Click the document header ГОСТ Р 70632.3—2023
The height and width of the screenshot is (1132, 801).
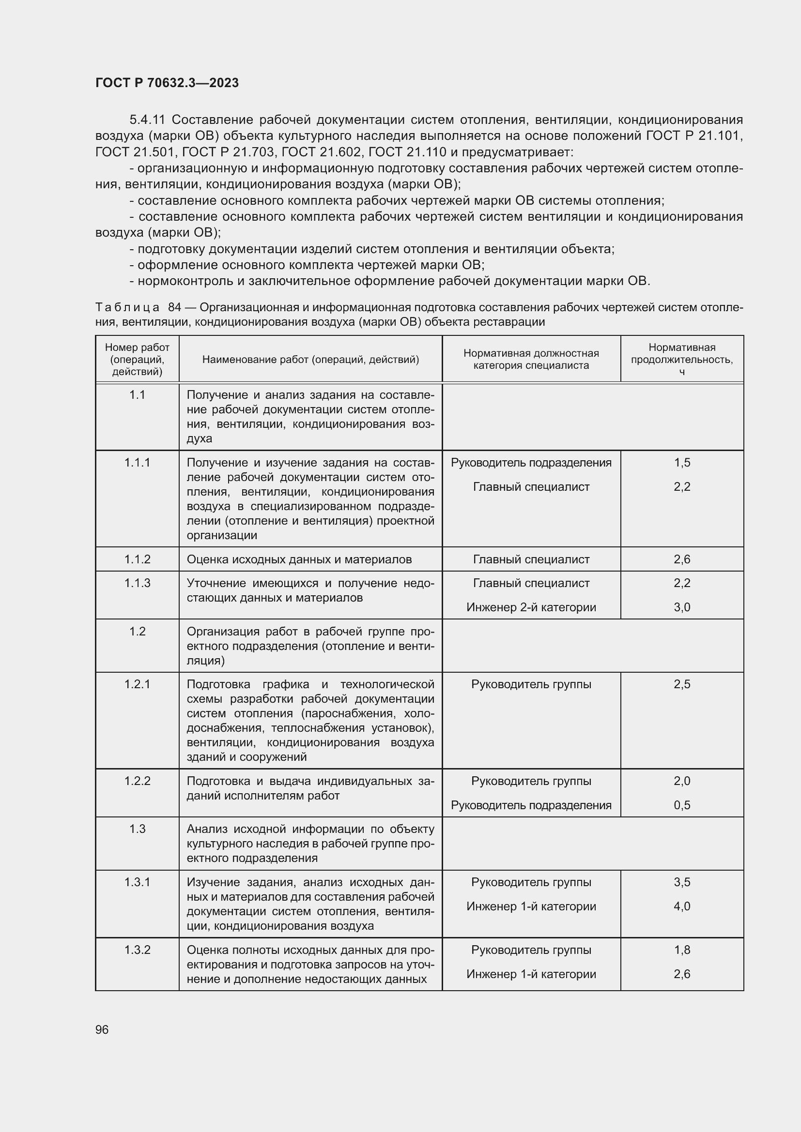[167, 83]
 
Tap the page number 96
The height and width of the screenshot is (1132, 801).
[102, 1029]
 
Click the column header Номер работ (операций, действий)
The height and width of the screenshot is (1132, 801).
[137, 359]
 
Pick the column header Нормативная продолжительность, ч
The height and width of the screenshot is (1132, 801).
[682, 359]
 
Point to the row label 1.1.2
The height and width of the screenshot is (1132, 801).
[137, 559]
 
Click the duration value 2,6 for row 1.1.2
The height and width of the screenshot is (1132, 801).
[682, 559]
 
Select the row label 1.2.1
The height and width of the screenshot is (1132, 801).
[137, 684]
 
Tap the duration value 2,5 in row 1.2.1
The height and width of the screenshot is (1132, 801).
[682, 684]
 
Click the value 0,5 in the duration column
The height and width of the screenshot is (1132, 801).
[682, 805]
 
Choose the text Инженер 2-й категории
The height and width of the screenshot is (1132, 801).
[531, 607]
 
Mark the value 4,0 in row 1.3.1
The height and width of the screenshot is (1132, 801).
[682, 906]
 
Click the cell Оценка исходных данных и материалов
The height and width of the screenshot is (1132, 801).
[299, 559]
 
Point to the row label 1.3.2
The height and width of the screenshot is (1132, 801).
[137, 950]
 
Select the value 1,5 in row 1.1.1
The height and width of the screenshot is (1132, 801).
[682, 463]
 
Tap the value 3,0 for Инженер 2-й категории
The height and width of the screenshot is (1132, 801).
[682, 607]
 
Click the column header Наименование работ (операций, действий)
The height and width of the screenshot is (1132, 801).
[310, 360]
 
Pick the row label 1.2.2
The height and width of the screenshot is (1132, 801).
[137, 781]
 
